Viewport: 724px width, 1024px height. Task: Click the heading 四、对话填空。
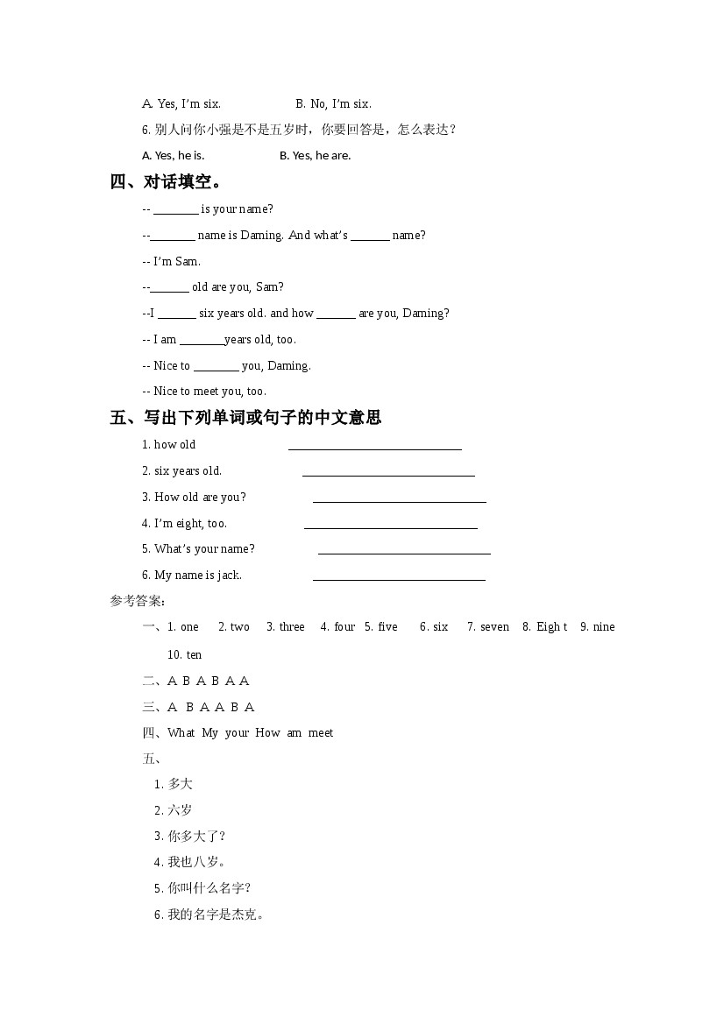(x=167, y=182)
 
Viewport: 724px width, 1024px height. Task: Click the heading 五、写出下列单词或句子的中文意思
(x=245, y=418)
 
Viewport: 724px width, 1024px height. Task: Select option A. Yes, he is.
(x=173, y=156)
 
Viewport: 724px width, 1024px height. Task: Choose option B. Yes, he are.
(x=315, y=156)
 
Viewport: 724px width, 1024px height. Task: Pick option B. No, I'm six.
(x=333, y=104)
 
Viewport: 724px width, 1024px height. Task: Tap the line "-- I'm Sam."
(x=171, y=261)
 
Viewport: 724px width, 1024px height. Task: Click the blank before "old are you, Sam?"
(x=169, y=288)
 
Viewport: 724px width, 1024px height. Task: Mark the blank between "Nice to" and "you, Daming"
(x=216, y=367)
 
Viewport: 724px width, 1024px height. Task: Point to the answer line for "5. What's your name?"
(x=404, y=551)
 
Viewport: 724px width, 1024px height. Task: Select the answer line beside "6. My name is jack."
(x=399, y=577)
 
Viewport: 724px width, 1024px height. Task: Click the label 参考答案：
(x=138, y=601)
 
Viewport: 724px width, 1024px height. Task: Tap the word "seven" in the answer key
(x=494, y=627)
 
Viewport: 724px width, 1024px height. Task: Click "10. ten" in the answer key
(x=184, y=654)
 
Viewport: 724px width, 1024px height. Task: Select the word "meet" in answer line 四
(x=321, y=733)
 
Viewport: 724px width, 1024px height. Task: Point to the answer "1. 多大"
(x=174, y=784)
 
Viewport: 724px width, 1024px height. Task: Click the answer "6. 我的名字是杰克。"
(x=209, y=915)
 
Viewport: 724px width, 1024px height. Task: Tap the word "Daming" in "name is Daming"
(x=261, y=236)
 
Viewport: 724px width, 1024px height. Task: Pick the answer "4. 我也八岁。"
(x=191, y=862)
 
